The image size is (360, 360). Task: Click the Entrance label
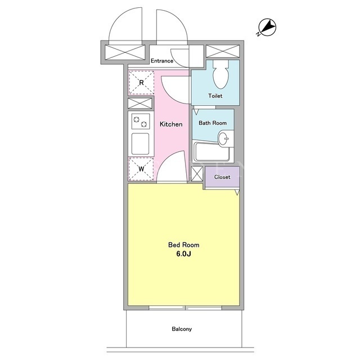162,61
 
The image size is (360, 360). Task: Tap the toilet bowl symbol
221,74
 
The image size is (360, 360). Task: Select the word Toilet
215,96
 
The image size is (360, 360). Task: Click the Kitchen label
171,124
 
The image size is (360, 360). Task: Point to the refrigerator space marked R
141,83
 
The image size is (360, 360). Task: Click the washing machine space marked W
141,169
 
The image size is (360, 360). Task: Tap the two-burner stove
141,121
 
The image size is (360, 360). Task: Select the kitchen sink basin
140,144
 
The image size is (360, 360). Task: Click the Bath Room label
213,123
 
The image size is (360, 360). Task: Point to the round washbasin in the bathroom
224,139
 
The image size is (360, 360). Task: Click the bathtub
211,152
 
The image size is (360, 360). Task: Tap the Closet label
222,177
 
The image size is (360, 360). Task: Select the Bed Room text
184,245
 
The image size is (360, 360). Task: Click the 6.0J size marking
184,254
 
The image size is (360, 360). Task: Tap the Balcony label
182,329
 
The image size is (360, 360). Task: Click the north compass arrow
268,27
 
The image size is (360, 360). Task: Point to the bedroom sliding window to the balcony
185,308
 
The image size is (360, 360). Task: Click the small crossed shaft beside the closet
197,174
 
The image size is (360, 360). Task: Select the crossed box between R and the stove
140,103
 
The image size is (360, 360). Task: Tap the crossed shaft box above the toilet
223,51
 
